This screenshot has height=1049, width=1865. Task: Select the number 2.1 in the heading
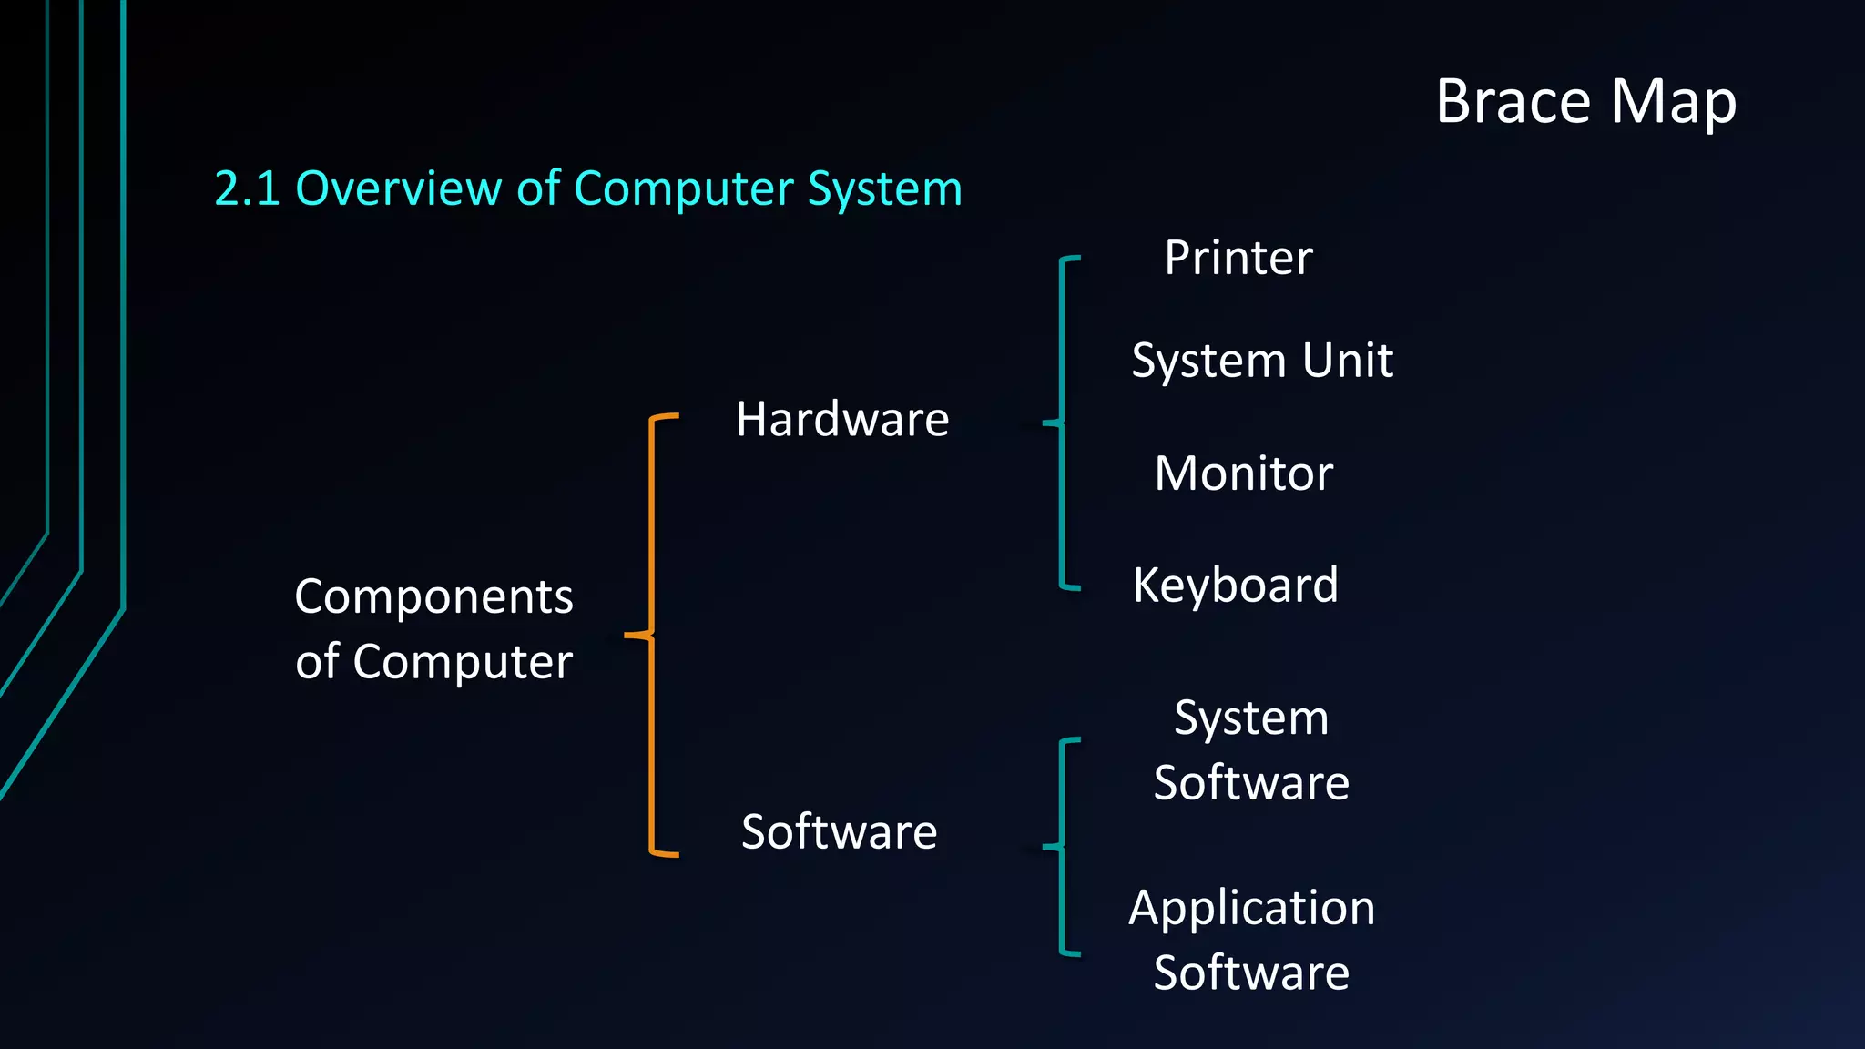[246, 188]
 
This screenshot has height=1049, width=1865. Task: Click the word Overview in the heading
[398, 188]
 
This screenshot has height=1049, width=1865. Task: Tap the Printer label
[1238, 258]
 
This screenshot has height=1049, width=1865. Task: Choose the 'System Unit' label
[1262, 361]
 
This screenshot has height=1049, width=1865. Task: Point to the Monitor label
[1244, 474]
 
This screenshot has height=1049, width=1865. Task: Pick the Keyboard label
[1236, 585]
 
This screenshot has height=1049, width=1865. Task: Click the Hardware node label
[842, 420]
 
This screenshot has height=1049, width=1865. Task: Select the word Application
[1252, 909]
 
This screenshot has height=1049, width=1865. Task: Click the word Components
[433, 597]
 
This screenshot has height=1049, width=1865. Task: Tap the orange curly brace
[652, 635]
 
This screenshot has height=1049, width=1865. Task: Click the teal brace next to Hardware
[1063, 423]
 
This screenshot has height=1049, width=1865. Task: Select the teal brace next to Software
[1063, 847]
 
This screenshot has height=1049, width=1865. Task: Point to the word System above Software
[1251, 718]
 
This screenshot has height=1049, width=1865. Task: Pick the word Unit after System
[1348, 361]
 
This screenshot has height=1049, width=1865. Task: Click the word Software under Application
[1251, 973]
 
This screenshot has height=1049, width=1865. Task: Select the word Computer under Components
[463, 662]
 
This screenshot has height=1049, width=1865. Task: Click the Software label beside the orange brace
[839, 831]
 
